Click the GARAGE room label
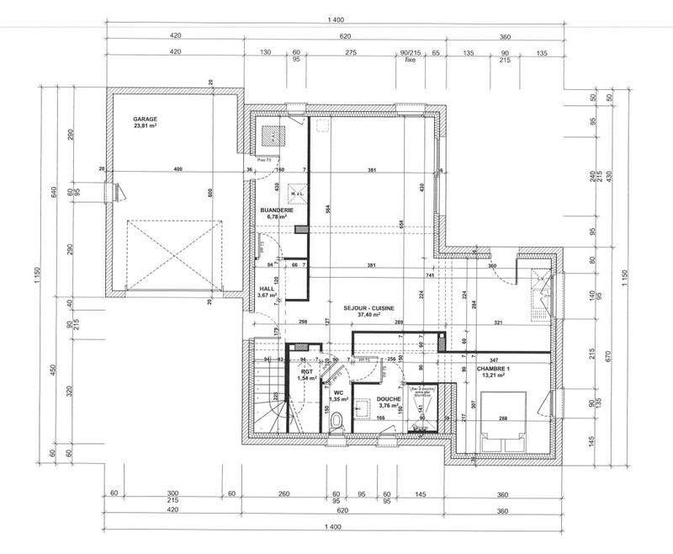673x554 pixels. (145, 120)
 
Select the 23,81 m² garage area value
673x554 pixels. (145, 126)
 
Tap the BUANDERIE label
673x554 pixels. (273, 210)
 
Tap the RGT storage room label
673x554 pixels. (306, 371)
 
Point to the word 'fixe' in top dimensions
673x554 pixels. (411, 60)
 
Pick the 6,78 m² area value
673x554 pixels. (273, 217)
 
